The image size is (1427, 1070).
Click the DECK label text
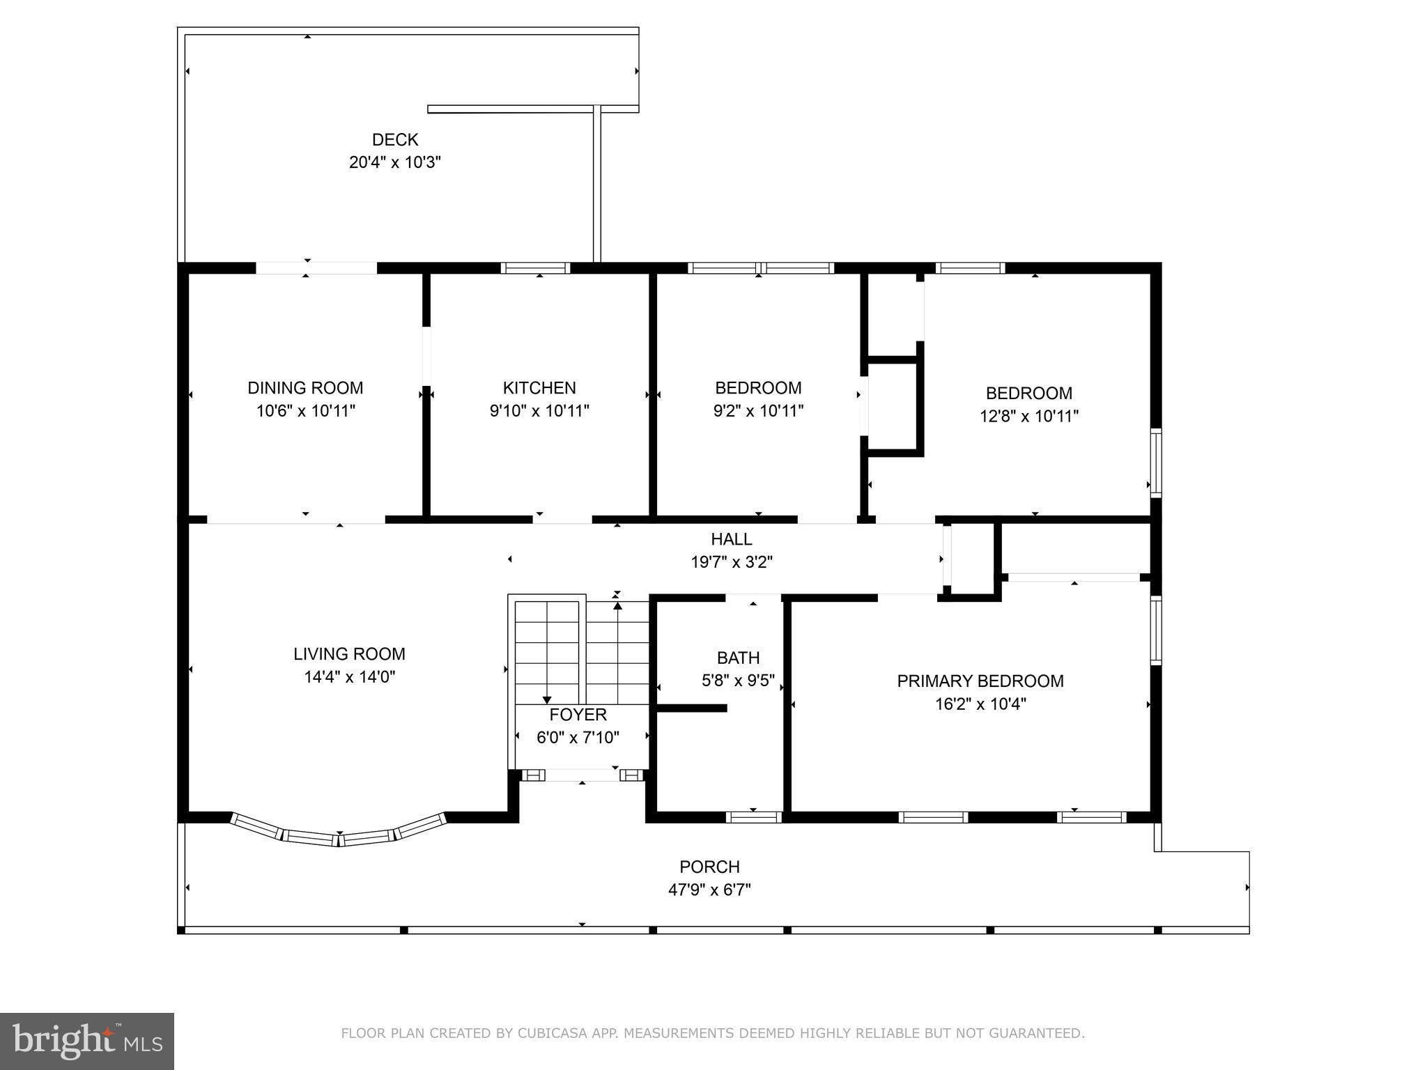(x=394, y=139)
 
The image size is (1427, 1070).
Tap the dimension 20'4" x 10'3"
(x=394, y=162)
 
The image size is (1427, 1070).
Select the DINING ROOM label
(x=305, y=388)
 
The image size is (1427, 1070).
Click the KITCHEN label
(x=539, y=388)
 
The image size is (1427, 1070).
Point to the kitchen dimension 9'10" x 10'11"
(x=539, y=411)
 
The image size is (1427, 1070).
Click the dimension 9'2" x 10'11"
(x=758, y=411)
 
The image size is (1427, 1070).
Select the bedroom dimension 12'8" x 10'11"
(x=1028, y=416)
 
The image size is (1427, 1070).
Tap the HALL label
(x=731, y=539)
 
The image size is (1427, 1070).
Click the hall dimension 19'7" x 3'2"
(x=731, y=561)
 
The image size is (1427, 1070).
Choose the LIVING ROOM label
(x=349, y=654)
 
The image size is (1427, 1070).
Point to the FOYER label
(x=578, y=715)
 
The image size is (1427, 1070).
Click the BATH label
(x=738, y=658)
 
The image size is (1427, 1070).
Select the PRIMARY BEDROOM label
(x=980, y=681)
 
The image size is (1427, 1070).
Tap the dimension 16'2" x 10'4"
(x=980, y=704)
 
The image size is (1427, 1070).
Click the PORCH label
(x=709, y=867)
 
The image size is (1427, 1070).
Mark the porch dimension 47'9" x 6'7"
(x=709, y=890)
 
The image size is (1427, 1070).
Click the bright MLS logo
(x=87, y=1041)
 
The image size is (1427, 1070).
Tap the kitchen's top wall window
(x=535, y=268)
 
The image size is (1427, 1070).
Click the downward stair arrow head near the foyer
(x=547, y=700)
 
